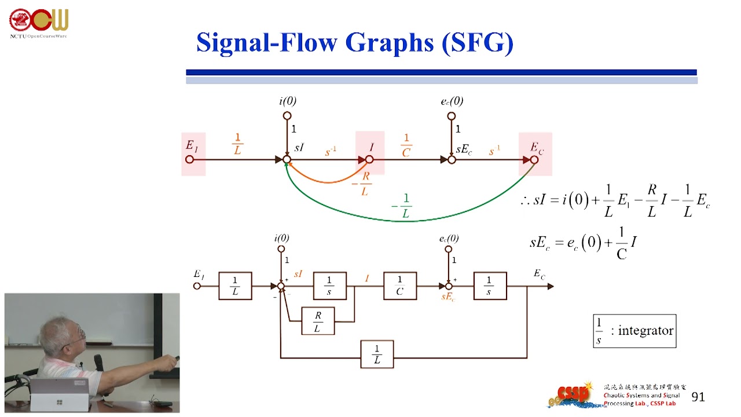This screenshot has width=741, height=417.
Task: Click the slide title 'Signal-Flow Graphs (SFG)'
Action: [354, 43]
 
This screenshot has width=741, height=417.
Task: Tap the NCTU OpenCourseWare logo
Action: [38, 22]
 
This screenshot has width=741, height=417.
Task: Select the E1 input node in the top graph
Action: [190, 159]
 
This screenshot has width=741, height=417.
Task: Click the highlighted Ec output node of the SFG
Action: [534, 159]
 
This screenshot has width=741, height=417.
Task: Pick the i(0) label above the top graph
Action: [288, 101]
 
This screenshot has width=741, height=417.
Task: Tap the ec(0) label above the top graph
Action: [452, 101]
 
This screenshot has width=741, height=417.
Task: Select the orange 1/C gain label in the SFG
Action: [406, 145]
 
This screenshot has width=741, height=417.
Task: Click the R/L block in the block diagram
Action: [318, 321]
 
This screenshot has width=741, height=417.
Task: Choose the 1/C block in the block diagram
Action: [400, 286]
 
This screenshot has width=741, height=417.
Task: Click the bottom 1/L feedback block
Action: [377, 354]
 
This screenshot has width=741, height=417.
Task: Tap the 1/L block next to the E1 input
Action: [235, 286]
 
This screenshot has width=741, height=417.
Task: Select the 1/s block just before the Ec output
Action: [490, 286]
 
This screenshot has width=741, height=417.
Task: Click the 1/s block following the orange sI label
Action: [329, 286]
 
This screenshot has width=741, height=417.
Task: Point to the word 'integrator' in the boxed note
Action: [645, 331]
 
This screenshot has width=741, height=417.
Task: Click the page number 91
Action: [698, 397]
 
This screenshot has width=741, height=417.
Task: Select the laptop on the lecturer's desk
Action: [60, 395]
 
